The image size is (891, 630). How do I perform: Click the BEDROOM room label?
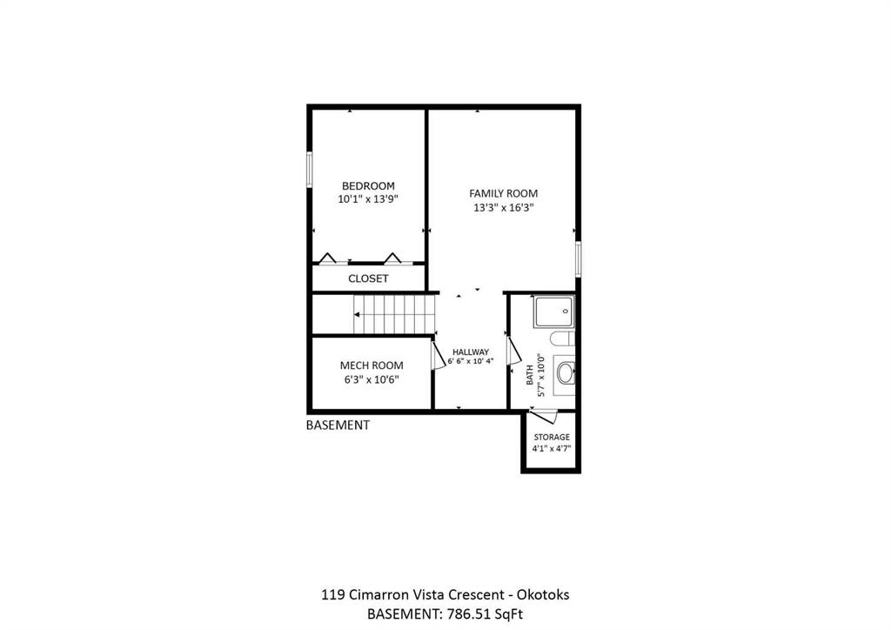coord(368,185)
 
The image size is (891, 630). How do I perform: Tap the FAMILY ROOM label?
coord(503,194)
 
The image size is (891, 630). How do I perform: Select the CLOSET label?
coord(368,278)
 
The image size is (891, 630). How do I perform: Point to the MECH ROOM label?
coord(372,365)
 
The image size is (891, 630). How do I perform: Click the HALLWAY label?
coord(471,352)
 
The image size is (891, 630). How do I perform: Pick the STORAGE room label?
coord(551,437)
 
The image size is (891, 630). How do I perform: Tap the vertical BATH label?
coord(530,375)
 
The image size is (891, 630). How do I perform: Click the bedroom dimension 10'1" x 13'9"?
coord(368,199)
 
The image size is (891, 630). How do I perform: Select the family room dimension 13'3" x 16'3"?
coord(504,208)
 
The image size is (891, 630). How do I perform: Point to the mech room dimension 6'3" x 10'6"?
coord(372,379)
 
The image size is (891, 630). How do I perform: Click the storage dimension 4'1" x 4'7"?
coord(551,448)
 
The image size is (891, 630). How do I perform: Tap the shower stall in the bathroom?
coord(554,312)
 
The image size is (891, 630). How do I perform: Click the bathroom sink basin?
coord(566,373)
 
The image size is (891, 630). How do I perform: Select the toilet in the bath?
coord(563,338)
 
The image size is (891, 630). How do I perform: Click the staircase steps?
coord(394,314)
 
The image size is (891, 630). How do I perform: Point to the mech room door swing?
coord(439,356)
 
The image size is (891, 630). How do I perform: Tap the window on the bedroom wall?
coord(310,169)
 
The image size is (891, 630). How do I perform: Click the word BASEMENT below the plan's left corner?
coord(338,425)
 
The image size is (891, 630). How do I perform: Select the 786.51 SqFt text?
coord(485,614)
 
